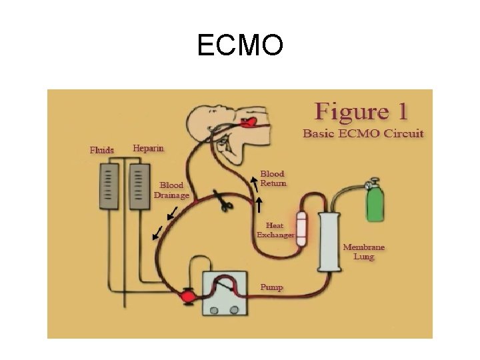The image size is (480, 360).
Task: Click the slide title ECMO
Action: coord(240,45)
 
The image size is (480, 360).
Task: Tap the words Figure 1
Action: coord(362,111)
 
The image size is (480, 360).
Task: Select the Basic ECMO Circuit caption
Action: coord(363,133)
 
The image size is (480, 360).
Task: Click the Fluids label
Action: coord(102,150)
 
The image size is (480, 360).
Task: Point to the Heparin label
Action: coord(148,148)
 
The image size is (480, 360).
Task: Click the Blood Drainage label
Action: coord(171,190)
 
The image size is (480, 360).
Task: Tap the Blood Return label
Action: coord(273,178)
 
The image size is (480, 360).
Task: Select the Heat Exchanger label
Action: coord(275,230)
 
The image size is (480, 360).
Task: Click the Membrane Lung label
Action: coord(363,251)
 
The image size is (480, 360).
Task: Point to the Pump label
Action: coord(271,287)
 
